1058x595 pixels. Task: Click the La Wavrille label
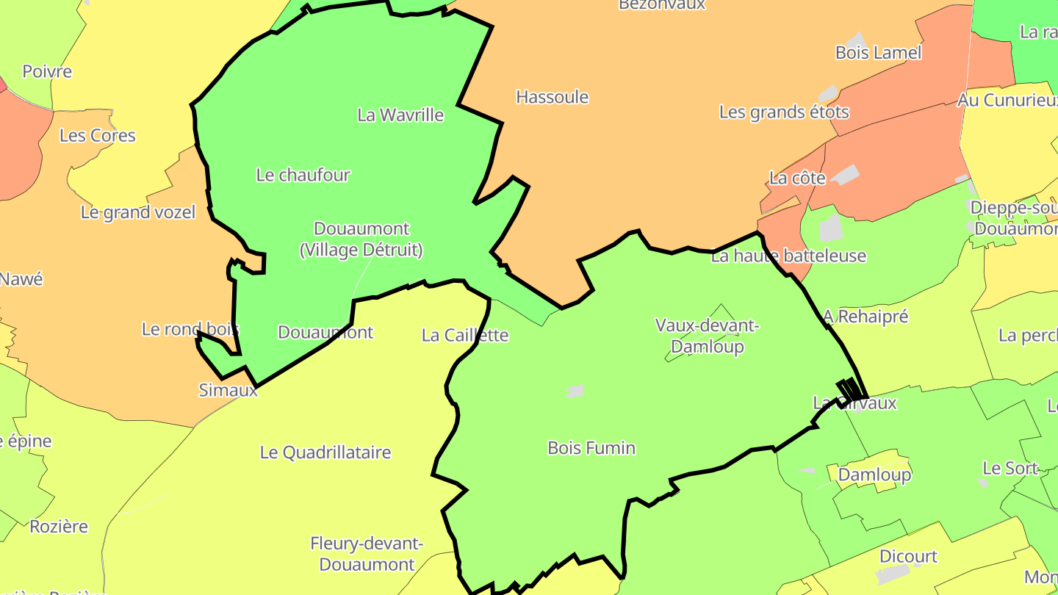(x=400, y=115)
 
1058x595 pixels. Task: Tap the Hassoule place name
(x=553, y=97)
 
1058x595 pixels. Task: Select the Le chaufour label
(x=303, y=175)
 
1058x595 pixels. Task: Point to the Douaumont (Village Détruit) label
(x=361, y=239)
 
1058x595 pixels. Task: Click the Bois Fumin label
(x=591, y=448)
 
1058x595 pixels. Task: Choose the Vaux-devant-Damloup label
(x=708, y=336)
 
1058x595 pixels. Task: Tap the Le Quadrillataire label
(x=325, y=452)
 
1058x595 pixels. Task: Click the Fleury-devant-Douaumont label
(x=367, y=555)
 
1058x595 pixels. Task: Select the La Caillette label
(x=465, y=336)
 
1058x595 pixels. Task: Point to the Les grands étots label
(x=784, y=112)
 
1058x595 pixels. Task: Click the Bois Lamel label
(x=878, y=53)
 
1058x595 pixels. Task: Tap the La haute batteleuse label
(x=789, y=256)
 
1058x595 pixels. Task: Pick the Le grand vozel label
(x=138, y=213)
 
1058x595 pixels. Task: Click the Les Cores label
(x=98, y=136)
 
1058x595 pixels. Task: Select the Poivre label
(x=47, y=72)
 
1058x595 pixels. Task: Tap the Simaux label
(x=228, y=391)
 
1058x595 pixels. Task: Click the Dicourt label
(x=908, y=557)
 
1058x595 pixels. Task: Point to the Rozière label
(x=59, y=527)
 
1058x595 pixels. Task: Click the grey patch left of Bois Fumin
(x=575, y=391)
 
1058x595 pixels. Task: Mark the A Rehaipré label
(x=866, y=317)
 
